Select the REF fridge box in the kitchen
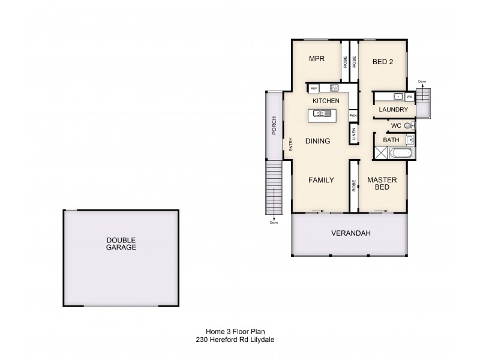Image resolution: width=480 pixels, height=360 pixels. [313, 89]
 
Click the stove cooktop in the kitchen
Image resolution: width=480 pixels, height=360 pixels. [333, 88]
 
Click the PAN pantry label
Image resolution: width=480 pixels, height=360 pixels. [353, 115]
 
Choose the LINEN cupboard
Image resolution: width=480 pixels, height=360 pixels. [353, 134]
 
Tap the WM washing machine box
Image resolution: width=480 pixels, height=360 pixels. [409, 97]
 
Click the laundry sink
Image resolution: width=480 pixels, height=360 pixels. [397, 97]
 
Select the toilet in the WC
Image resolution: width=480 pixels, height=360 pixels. [408, 125]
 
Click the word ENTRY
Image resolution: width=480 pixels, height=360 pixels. [290, 144]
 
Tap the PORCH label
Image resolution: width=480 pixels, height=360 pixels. [274, 124]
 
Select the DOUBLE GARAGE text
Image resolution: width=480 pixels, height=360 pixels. [121, 243]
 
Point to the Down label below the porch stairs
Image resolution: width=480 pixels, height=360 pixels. [274, 223]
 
